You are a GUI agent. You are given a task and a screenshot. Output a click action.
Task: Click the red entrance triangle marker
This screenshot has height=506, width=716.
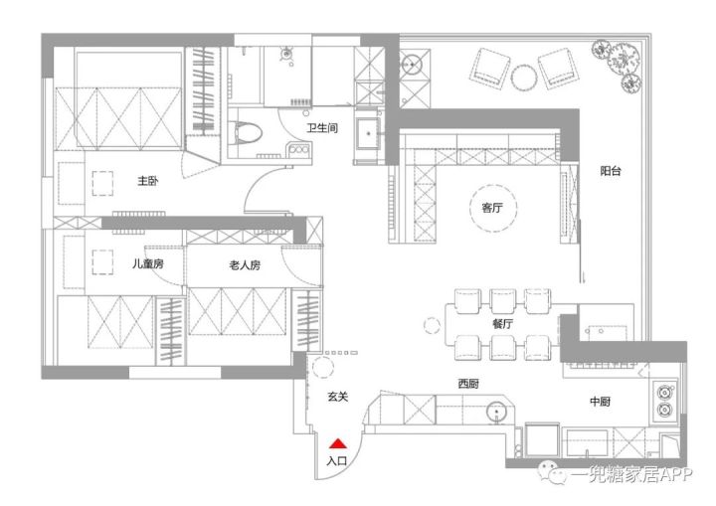tap(338, 443)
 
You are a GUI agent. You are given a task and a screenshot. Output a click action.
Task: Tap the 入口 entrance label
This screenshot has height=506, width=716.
tap(336, 460)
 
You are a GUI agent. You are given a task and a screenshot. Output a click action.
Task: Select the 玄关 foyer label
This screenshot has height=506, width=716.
tap(338, 397)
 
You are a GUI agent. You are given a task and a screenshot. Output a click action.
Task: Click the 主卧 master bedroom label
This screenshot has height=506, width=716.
tap(148, 181)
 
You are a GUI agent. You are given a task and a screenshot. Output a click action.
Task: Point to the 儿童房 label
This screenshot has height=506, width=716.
tap(148, 263)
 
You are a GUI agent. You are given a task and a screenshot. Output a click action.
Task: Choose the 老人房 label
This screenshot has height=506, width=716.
tap(245, 264)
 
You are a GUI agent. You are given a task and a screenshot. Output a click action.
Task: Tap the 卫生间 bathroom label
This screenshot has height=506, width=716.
tap(322, 128)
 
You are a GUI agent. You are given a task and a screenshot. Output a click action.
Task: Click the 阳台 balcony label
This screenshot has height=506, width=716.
tap(611, 171)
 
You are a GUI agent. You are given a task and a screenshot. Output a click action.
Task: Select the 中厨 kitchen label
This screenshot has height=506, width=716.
tap(600, 402)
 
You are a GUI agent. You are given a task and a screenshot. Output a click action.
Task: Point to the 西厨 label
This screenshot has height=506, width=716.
tap(468, 384)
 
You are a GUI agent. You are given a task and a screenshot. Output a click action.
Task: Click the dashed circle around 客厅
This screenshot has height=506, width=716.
tap(493, 185)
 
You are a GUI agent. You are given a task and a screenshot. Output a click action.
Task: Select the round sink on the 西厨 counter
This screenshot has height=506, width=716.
tap(498, 413)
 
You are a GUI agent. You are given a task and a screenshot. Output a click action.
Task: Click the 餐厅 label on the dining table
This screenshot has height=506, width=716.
tap(502, 324)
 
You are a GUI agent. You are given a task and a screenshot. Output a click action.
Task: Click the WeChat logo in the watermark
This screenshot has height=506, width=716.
tap(552, 473)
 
